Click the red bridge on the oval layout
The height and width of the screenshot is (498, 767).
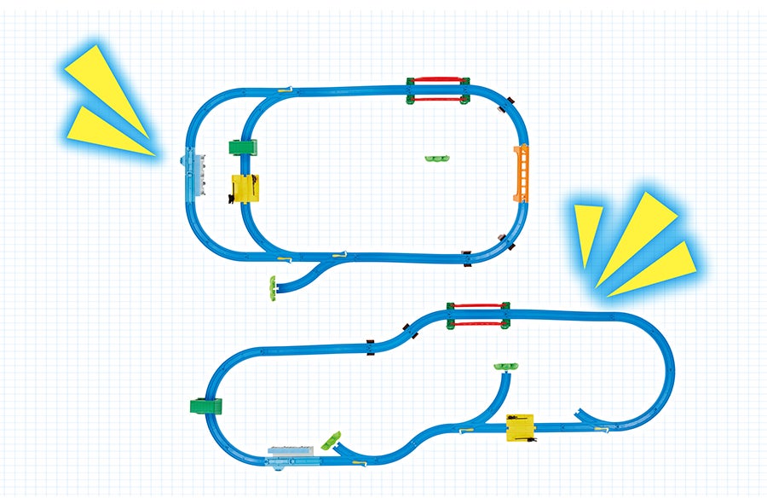click(438, 90)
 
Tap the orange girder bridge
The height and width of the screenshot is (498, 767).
click(521, 173)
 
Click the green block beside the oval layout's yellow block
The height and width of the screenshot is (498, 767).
click(243, 148)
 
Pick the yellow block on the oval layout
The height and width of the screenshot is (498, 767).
click(245, 188)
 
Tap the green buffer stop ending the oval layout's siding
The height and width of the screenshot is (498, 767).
click(272, 288)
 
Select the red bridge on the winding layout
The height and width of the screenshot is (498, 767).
click(478, 315)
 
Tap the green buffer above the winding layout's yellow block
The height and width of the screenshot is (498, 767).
click(506, 367)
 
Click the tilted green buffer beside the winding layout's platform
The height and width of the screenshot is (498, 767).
click(331, 442)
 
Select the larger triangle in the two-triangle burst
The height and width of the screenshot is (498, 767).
click(107, 82)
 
